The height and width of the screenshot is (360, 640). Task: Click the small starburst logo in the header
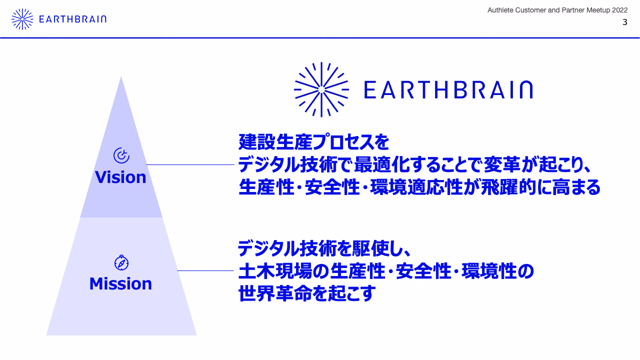click(x=22, y=19)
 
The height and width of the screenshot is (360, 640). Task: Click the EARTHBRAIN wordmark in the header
click(x=72, y=19)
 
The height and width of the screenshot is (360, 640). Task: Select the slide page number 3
click(x=625, y=22)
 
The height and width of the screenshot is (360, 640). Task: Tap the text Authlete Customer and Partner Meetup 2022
click(x=557, y=10)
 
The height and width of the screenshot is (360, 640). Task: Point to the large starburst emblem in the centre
click(x=321, y=89)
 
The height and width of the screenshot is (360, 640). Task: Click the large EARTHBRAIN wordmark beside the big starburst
click(x=448, y=89)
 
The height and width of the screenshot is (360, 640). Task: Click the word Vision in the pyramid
click(x=120, y=177)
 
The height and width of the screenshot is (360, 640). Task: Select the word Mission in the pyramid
click(x=120, y=283)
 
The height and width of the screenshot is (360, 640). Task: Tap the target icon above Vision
click(x=121, y=155)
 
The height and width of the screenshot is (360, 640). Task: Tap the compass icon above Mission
click(x=121, y=262)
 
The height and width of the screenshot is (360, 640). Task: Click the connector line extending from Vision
click(x=190, y=164)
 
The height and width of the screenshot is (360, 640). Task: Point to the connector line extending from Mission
click(x=205, y=270)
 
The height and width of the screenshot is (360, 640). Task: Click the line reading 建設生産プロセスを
click(x=313, y=141)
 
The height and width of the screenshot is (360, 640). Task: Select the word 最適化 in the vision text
click(x=382, y=165)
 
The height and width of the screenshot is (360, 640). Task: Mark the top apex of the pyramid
click(x=121, y=76)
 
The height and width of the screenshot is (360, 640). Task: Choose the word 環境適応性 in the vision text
click(x=416, y=187)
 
